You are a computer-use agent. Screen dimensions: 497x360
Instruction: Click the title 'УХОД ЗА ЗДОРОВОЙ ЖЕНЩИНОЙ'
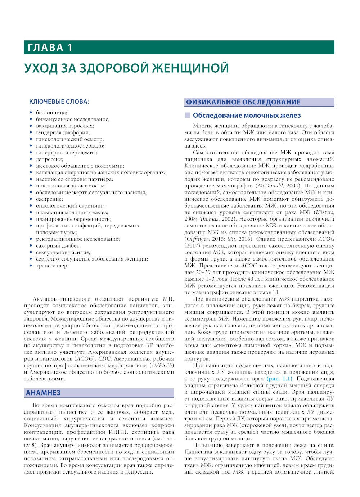click(126, 68)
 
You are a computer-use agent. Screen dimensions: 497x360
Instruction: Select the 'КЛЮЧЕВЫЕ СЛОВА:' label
click(59, 102)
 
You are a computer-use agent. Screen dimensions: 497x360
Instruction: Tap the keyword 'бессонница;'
click(51, 113)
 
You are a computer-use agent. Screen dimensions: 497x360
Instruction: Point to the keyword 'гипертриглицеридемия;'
click(67, 153)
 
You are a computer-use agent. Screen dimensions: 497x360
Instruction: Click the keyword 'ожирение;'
click(49, 199)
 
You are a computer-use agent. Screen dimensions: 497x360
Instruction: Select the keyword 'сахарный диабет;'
click(58, 246)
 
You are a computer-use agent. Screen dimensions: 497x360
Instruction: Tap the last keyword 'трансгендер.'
click(52, 266)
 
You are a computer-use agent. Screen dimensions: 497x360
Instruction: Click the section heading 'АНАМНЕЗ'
click(43, 393)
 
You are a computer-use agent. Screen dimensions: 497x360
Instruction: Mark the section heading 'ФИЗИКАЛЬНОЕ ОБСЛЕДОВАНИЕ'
click(243, 102)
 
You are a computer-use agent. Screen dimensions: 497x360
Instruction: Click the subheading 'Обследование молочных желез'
click(247, 116)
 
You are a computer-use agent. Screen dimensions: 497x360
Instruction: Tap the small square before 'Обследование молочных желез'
click(187, 116)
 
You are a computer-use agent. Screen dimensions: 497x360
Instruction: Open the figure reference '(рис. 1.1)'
click(280, 379)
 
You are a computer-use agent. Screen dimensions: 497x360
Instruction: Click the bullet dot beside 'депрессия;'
click(31, 159)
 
